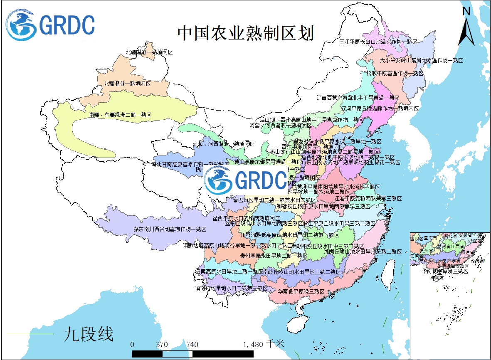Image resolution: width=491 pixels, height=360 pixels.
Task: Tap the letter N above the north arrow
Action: (x=466, y=12)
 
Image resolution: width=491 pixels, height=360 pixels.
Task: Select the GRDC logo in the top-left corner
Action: (x=50, y=25)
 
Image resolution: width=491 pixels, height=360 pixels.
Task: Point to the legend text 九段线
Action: (x=89, y=334)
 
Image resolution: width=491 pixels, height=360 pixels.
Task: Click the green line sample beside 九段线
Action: (x=31, y=334)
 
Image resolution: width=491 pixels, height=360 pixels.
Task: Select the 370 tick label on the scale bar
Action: (x=162, y=344)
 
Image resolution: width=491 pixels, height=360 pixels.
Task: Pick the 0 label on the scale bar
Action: (x=132, y=344)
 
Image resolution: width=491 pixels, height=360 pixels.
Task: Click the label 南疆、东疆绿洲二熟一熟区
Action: (x=120, y=114)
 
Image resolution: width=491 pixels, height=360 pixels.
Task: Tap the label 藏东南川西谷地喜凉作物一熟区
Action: (x=170, y=229)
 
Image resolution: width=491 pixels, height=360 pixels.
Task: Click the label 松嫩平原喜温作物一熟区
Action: (x=395, y=73)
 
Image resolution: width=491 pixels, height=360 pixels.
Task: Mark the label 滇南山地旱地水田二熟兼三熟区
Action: (x=231, y=288)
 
